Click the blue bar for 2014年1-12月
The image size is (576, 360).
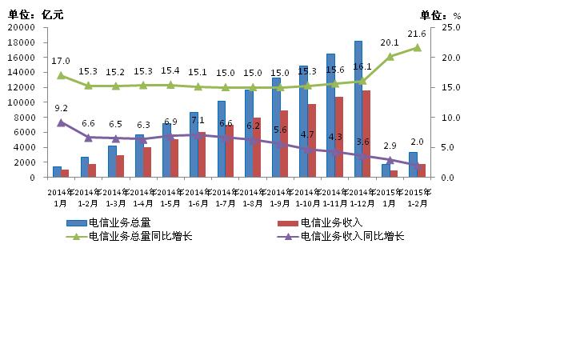pos(358,109)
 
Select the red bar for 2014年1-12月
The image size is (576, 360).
pos(366,134)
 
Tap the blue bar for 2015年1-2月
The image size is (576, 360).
pos(413,165)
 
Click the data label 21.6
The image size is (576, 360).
pos(417,34)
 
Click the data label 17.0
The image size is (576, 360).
pos(61,61)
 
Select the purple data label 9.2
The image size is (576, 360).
pos(61,108)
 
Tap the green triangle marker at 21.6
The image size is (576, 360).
pos(417,47)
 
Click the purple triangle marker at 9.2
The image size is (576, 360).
pos(61,122)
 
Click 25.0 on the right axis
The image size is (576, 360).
pos(451,27)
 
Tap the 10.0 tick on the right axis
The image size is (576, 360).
pos(451,118)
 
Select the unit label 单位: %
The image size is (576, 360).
pos(440,14)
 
